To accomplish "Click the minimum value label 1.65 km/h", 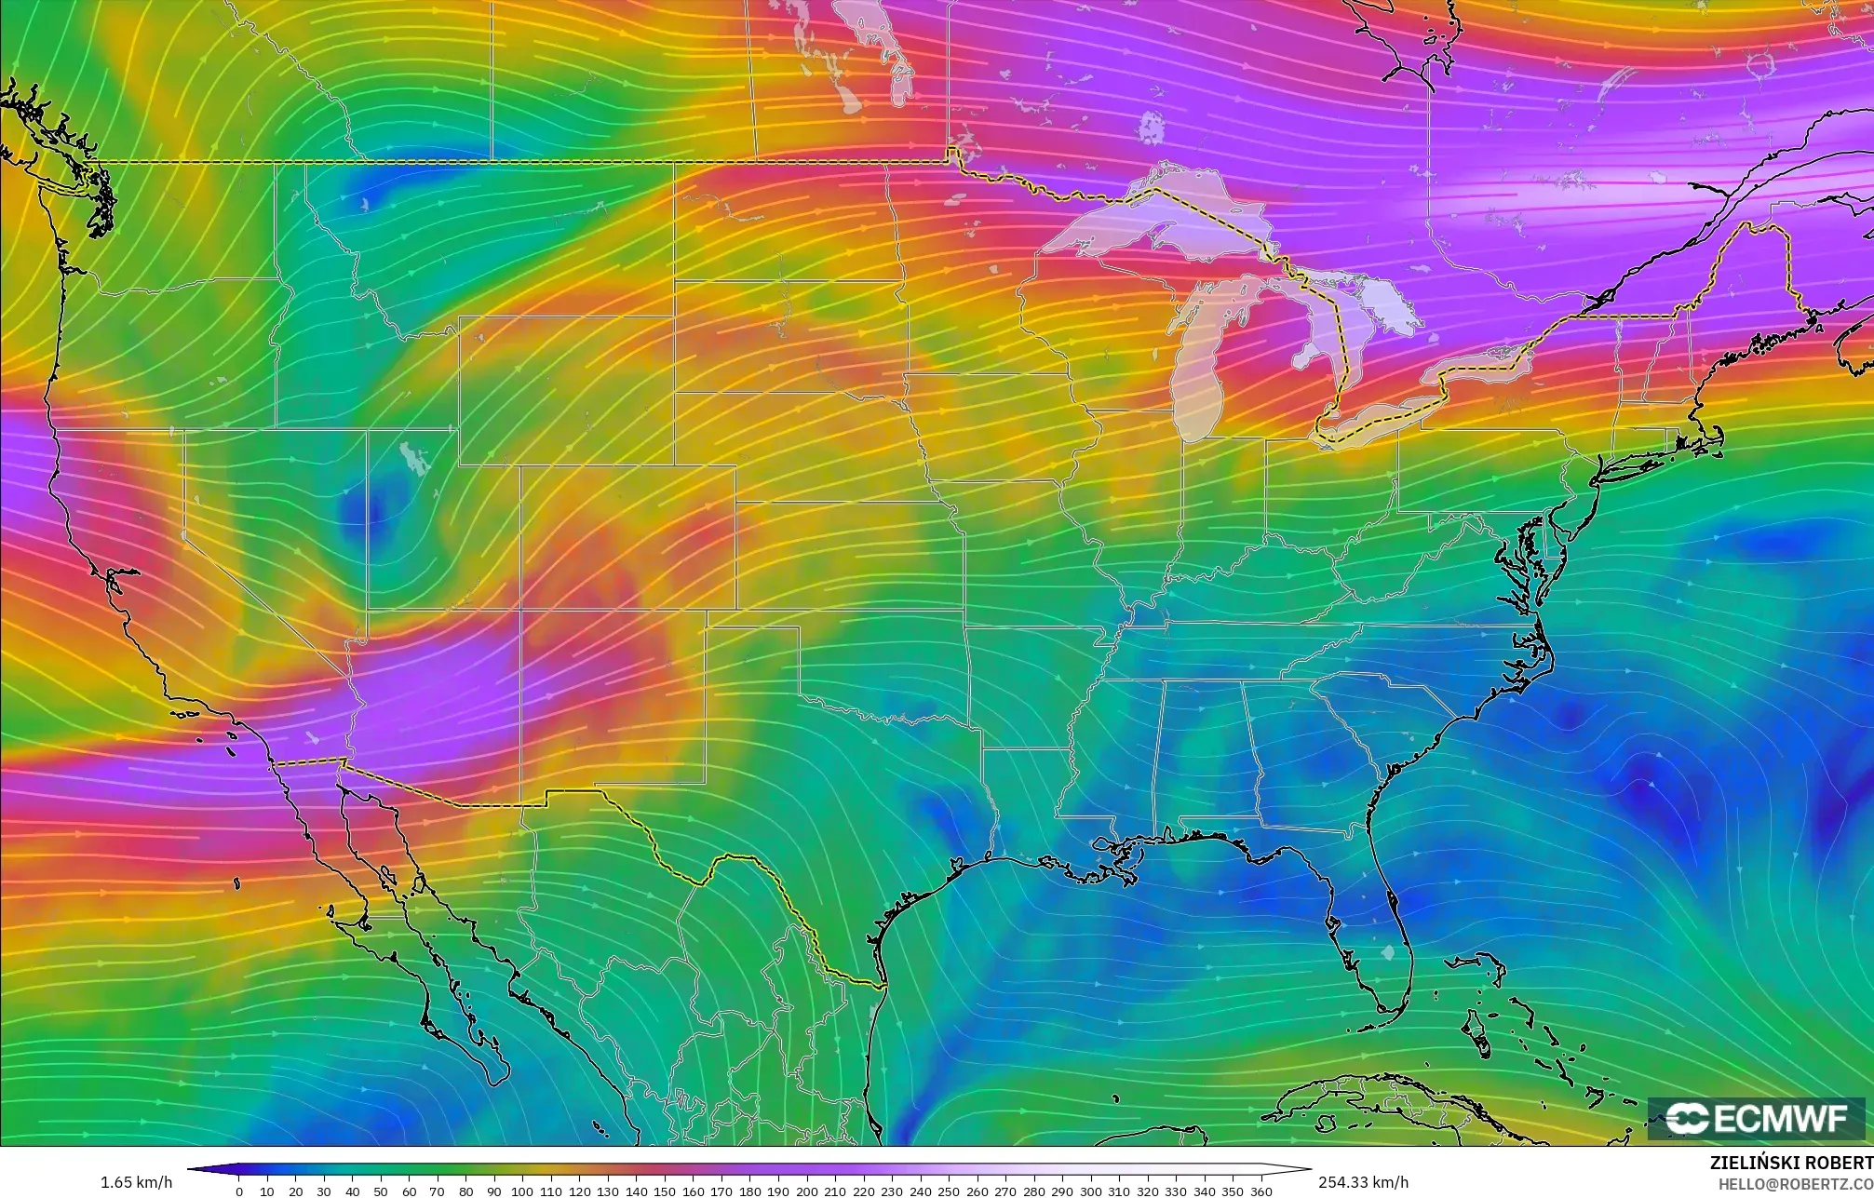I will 136,1182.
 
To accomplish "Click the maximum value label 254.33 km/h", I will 1363,1182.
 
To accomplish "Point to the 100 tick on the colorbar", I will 521,1191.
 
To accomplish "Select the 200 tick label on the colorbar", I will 806,1191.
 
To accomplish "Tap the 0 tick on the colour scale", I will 238,1191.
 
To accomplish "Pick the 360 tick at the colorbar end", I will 1261,1191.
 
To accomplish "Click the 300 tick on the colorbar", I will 1090,1191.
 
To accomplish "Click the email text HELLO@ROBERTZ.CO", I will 1795,1183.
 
